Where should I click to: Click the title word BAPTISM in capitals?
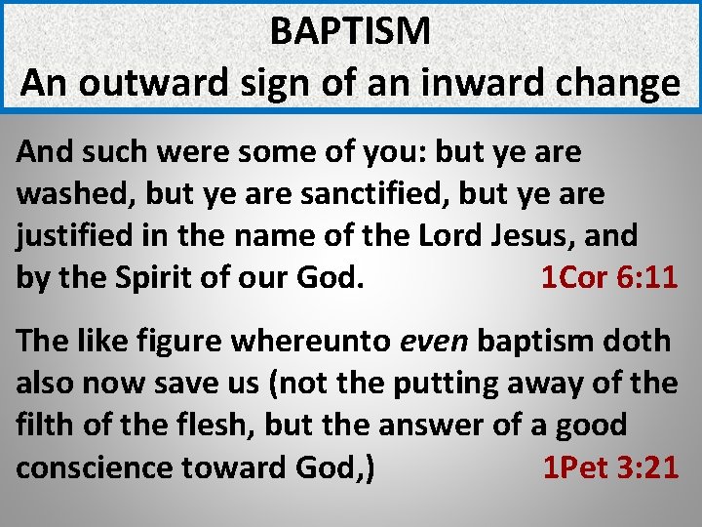pyautogui.click(x=350, y=31)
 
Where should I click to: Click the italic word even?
pyautogui.click(x=435, y=342)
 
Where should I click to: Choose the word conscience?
pyautogui.click(x=94, y=466)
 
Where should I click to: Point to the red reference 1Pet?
pyautogui.click(x=575, y=466)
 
